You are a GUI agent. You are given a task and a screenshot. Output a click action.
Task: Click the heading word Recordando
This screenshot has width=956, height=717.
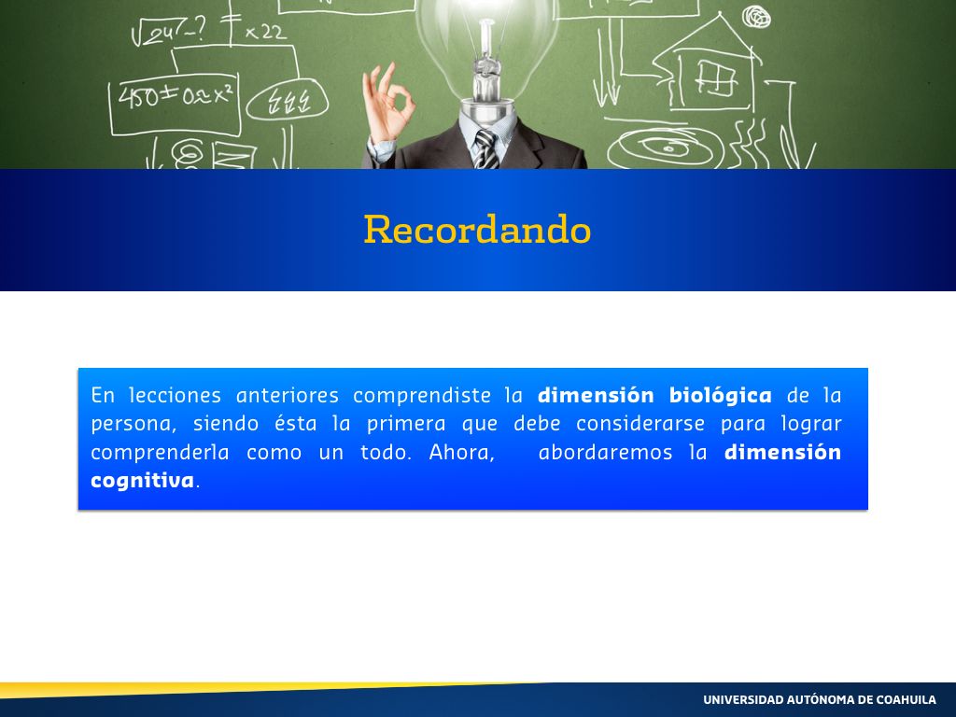click(477, 230)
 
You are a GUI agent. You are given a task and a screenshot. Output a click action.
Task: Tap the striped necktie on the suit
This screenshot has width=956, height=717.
click(485, 148)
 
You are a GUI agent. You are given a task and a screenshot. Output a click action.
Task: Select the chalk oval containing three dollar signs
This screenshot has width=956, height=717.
click(288, 101)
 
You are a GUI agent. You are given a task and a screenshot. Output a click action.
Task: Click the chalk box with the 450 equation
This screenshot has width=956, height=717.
click(175, 104)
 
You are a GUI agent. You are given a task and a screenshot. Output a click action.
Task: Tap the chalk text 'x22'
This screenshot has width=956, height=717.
click(265, 32)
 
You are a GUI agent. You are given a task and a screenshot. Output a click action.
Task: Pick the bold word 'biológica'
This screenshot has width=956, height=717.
click(720, 396)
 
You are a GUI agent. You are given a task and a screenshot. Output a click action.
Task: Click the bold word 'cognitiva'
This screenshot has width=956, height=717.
click(142, 481)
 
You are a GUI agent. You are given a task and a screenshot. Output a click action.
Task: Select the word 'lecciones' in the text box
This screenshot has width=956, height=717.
click(175, 395)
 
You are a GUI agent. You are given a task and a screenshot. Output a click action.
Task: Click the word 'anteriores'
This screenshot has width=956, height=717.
click(288, 395)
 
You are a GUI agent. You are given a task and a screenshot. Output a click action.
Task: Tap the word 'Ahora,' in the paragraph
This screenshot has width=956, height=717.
click(461, 453)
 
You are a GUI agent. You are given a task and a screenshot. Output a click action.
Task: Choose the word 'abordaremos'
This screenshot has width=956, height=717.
click(605, 453)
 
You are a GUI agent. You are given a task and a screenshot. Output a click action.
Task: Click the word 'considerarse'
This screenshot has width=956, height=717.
click(640, 423)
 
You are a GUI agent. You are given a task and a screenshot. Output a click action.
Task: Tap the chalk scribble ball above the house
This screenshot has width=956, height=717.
click(756, 17)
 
